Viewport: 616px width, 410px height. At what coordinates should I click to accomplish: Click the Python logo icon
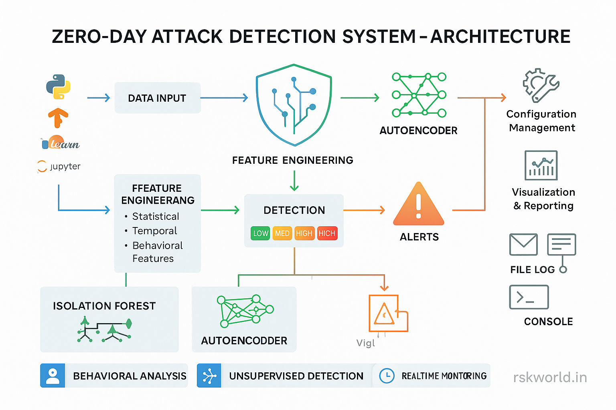(59, 86)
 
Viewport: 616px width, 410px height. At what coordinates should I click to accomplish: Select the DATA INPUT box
(157, 98)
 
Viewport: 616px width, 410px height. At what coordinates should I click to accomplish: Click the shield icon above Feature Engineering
(294, 105)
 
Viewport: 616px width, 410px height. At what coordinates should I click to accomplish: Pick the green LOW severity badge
(260, 233)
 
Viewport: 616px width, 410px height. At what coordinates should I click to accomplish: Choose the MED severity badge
(282, 233)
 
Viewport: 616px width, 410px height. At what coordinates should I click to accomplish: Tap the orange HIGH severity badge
(304, 233)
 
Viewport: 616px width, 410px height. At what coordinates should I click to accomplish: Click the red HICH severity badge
(327, 233)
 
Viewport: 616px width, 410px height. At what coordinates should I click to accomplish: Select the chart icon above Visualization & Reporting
(541, 165)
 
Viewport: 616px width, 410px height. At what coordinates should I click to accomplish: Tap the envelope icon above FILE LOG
(523, 245)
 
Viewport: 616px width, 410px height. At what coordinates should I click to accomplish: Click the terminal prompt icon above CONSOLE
(529, 297)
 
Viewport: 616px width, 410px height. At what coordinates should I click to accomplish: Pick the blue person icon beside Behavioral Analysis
(53, 376)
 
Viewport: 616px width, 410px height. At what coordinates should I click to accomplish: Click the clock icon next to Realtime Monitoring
(387, 376)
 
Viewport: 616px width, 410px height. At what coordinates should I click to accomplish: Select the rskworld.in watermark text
(550, 377)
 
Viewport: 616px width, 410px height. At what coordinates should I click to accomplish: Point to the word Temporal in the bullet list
(154, 231)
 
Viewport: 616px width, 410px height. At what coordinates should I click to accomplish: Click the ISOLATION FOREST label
(104, 306)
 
